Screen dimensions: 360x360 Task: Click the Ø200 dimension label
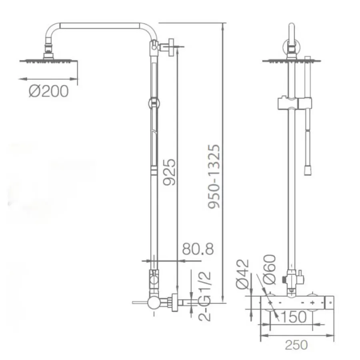point(49,91)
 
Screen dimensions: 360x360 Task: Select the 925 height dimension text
point(169,172)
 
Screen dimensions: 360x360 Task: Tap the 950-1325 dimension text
point(214,176)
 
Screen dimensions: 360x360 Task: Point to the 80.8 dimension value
point(198,249)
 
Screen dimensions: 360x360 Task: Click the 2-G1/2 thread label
point(204,296)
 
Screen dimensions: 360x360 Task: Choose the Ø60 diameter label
point(269,269)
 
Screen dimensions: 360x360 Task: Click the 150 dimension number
point(294,317)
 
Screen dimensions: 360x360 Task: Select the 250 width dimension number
point(296,345)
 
